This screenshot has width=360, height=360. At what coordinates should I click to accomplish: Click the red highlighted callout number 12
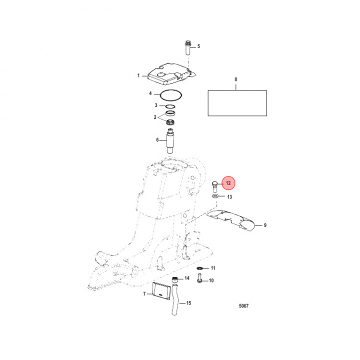point(228,183)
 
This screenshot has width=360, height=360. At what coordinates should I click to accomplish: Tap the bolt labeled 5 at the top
point(188,47)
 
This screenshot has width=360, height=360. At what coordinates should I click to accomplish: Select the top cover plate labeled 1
point(171,75)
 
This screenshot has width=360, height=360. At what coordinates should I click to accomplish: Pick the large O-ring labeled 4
point(171,95)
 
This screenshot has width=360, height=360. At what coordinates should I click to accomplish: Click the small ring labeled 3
point(170,106)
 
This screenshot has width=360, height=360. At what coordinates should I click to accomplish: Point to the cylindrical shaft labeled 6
point(170,141)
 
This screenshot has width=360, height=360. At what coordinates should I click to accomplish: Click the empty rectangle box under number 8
point(237,103)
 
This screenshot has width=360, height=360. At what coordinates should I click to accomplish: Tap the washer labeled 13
point(215,196)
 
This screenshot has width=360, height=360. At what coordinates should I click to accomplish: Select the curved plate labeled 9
point(230,219)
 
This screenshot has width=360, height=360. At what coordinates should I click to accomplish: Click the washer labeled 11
point(199,268)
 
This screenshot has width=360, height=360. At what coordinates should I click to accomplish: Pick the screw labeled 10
point(199,277)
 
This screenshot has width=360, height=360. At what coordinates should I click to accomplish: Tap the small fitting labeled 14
point(175,279)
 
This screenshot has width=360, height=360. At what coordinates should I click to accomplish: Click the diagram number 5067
point(243,306)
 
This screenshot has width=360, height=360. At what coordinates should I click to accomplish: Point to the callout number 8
point(236,79)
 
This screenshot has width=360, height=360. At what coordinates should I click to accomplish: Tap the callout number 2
point(155,117)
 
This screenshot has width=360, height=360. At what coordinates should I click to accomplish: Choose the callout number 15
point(188,303)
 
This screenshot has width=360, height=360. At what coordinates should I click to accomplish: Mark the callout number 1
point(138,75)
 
